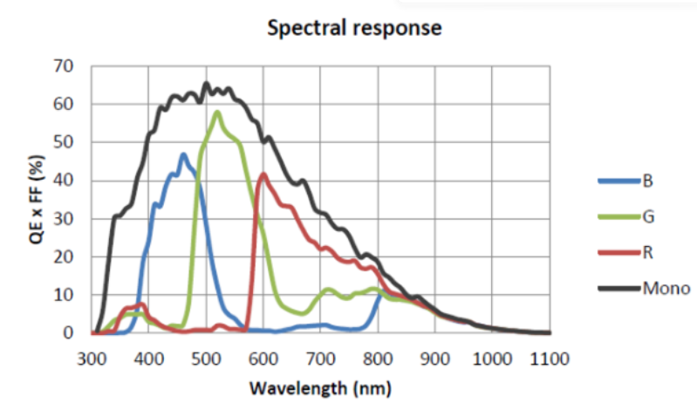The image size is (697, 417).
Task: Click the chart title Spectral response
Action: coord(354,28)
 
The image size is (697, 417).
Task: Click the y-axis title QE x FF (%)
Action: coord(37,199)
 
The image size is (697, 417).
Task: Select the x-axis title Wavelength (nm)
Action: coord(320,386)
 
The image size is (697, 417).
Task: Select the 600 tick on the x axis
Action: coord(263,358)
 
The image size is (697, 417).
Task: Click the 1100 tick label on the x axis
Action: coord(550,358)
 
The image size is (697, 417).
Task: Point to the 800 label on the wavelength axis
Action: coord(378,358)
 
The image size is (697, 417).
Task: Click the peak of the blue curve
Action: coord(183,154)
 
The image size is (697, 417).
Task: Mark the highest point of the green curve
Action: coord(217,112)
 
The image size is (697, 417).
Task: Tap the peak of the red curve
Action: coord(263,174)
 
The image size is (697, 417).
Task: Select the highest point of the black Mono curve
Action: coord(207,84)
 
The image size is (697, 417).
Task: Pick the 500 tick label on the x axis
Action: coord(207,358)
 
